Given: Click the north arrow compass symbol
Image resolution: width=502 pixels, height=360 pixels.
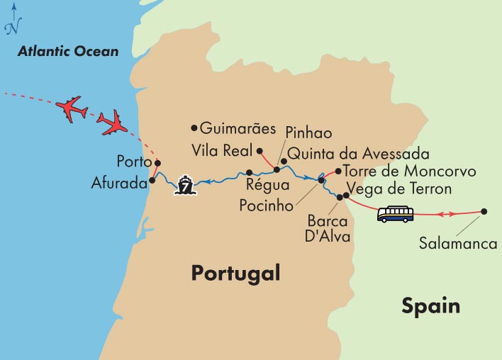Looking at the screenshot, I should pos(12,21).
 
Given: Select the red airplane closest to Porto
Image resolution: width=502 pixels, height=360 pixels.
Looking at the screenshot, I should pos(113,123).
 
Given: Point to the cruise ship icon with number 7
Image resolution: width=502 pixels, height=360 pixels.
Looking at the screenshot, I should pos(186,185).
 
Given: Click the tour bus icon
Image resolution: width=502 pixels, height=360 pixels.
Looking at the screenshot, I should pos(396,213).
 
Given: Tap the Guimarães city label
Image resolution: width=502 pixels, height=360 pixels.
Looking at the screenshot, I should pos(238,129).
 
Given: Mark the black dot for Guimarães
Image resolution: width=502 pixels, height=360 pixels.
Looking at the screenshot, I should pos(194,128).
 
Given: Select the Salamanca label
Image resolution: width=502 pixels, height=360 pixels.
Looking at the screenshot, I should pos(457,243).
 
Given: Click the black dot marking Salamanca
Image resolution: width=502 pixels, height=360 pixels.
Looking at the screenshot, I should pos(484,210).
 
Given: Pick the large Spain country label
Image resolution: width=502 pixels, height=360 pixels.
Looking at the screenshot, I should pos(430,306).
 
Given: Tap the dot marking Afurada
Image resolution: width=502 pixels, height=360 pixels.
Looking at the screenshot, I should pos(152,180).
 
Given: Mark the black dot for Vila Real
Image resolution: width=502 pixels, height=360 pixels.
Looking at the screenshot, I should pos(260,150).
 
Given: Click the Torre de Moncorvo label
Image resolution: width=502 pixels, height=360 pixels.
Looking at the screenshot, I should pos(409,171).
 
